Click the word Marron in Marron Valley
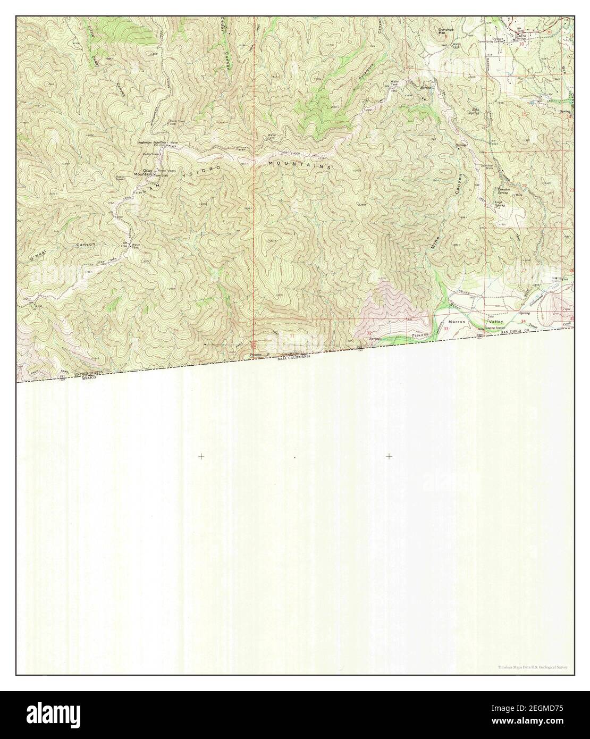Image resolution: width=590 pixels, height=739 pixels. [457, 322]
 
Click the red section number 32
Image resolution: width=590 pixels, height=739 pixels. [369, 333]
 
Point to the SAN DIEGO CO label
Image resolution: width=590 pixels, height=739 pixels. [504, 331]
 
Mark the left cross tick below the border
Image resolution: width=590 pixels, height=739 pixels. [201, 456]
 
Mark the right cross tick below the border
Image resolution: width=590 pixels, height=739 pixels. [389, 456]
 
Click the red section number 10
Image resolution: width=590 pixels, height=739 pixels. [521, 44]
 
